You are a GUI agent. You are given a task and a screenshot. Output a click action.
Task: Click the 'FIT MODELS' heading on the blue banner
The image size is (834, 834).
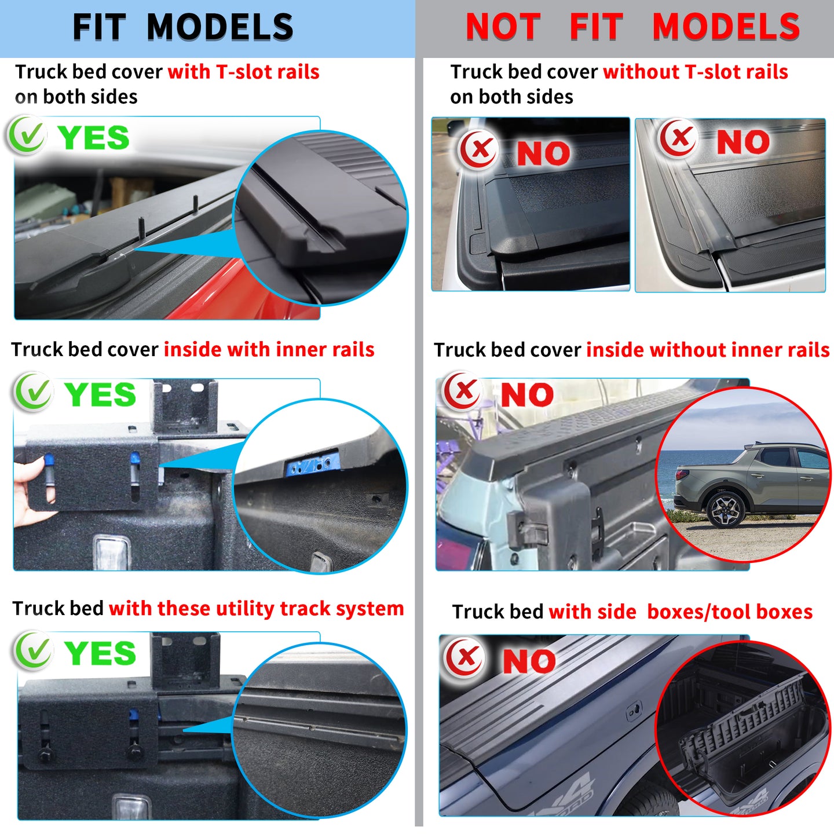(x=183, y=27)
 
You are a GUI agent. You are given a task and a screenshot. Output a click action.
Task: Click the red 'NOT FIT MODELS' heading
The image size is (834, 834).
(x=632, y=27)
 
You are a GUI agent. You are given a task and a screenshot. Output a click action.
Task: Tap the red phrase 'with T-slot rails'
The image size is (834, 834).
(x=243, y=72)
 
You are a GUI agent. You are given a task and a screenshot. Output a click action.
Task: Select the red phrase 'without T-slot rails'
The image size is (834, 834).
(x=695, y=72)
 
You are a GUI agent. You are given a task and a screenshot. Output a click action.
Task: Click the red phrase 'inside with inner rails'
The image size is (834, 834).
(x=269, y=350)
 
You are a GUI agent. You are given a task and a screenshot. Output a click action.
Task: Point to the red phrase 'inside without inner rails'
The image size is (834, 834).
(x=708, y=350)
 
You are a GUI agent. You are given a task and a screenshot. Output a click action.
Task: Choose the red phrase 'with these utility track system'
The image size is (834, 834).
(x=256, y=609)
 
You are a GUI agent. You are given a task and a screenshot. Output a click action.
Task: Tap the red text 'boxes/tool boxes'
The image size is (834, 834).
(x=730, y=612)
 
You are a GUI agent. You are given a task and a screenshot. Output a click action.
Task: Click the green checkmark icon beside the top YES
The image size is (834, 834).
(x=26, y=136)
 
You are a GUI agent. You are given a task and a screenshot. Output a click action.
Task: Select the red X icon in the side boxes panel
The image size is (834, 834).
(x=464, y=657)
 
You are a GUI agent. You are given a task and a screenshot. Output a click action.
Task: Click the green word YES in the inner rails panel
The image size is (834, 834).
(x=100, y=394)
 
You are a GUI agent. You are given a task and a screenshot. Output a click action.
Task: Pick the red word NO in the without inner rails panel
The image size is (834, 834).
(x=527, y=395)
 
